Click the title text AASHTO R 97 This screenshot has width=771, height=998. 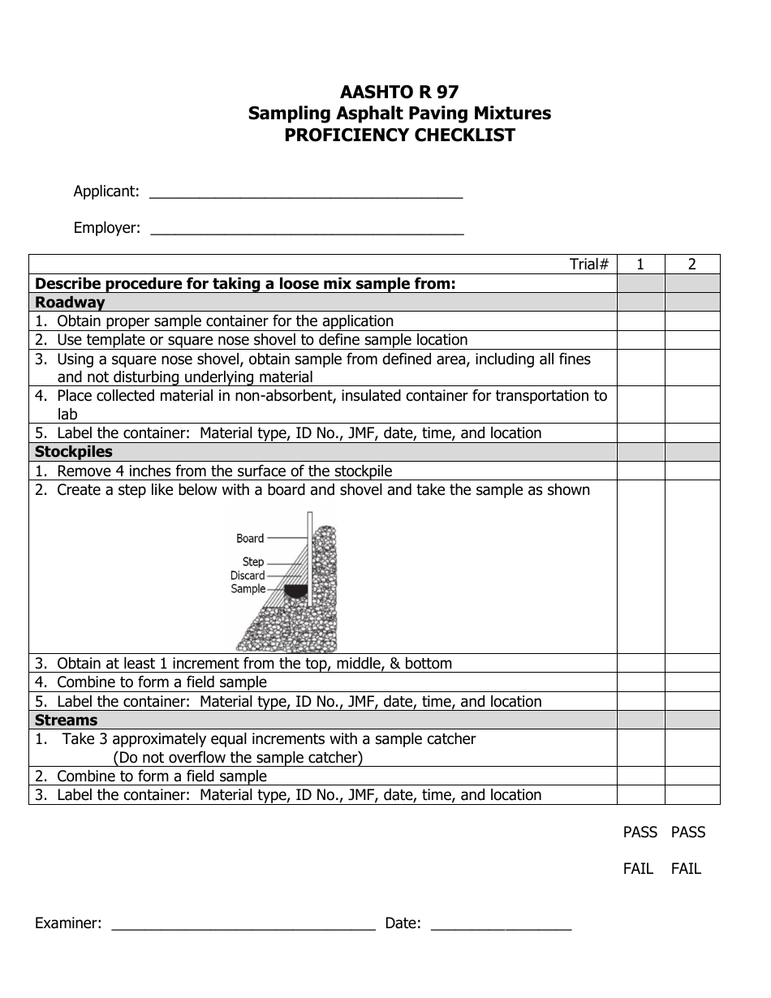point(399,92)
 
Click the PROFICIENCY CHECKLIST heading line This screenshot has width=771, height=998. point(399,136)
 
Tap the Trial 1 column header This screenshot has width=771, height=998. point(640,264)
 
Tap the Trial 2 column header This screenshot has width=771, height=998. point(692,264)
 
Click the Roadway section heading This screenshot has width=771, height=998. point(70,303)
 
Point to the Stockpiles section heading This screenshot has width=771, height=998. point(74,452)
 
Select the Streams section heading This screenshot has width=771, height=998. point(66,721)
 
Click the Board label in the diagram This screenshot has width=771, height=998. point(250,538)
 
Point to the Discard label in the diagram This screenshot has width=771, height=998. point(248,575)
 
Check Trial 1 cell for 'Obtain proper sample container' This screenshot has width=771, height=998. point(640,321)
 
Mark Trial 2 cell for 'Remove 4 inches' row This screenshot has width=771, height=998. point(692,471)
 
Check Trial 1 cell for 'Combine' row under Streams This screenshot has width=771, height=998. point(640,776)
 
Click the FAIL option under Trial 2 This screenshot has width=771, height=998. point(686,869)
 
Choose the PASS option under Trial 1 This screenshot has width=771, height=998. point(640,832)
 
